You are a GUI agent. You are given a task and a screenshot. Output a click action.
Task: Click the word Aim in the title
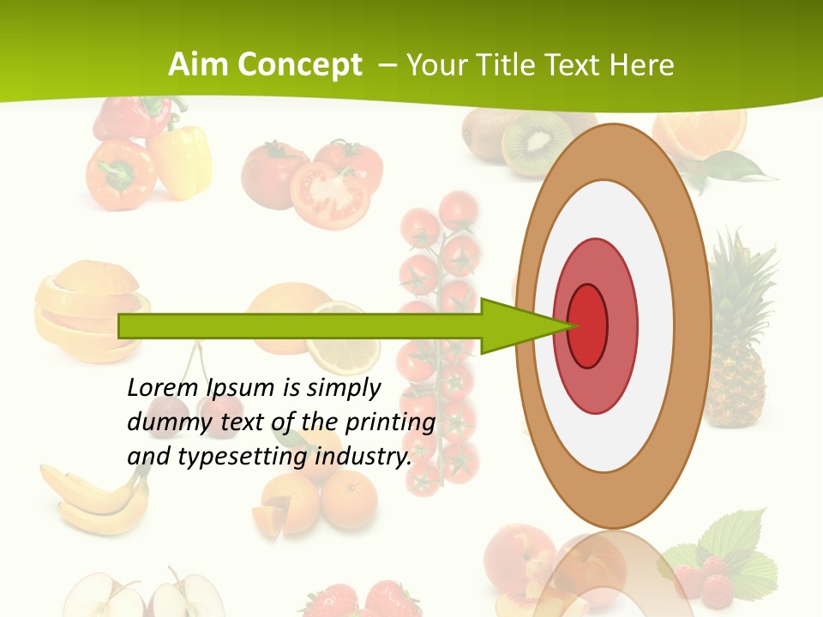coord(198,65)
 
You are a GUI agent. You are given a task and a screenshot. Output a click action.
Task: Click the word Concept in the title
coord(298,66)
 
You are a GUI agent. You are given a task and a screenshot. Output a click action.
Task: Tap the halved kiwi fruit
coord(536,144)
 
